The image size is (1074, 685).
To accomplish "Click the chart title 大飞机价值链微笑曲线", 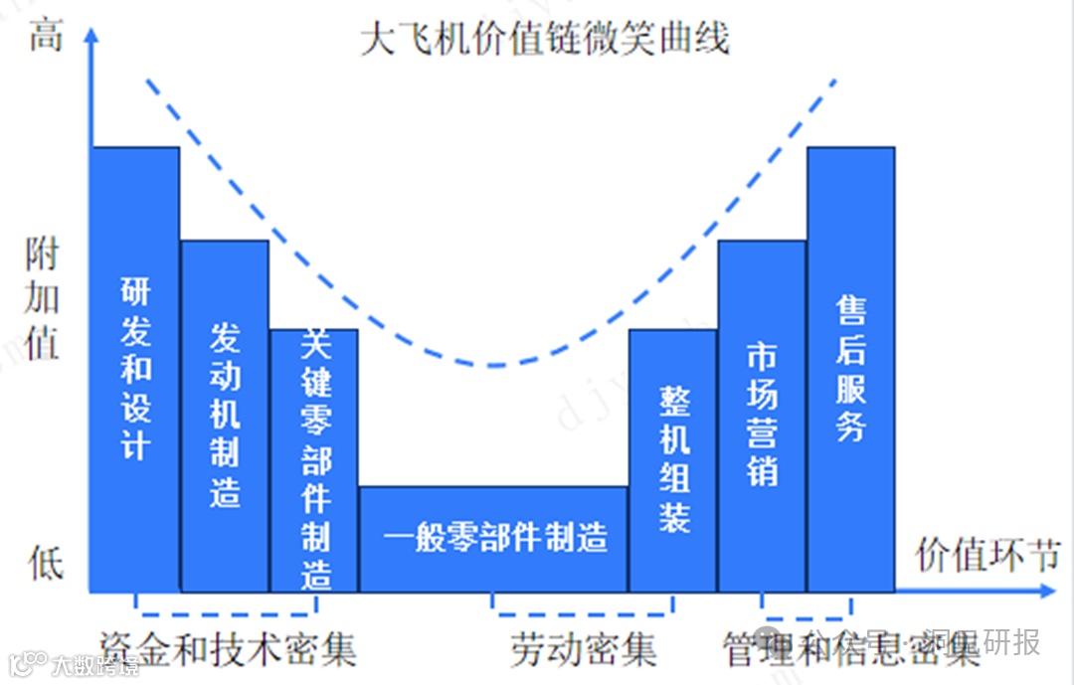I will coord(545,38).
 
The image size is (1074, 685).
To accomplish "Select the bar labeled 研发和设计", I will coord(135,368).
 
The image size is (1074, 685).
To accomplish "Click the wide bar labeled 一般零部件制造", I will coord(494,539).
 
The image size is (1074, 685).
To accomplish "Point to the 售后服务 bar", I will coord(851,368).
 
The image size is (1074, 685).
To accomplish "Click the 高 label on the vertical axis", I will coord(46,36).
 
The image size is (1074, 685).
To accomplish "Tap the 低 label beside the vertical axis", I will coord(46,563).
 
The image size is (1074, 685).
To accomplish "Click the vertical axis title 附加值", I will coord(42,298).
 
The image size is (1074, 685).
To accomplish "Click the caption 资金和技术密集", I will coord(228,649).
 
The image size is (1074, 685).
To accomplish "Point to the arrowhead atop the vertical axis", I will coord(90,36).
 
